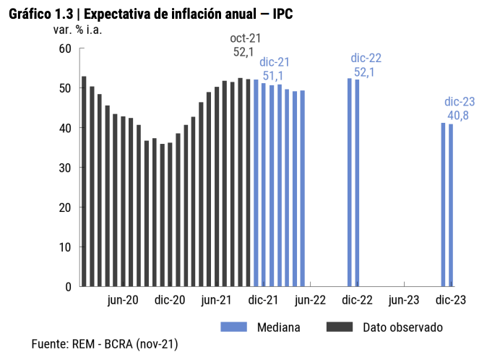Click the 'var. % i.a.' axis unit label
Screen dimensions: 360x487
[x=78, y=30]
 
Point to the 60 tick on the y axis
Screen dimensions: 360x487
[x=65, y=48]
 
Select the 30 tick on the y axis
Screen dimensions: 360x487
[x=65, y=168]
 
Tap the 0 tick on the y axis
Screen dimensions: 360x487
[x=68, y=287]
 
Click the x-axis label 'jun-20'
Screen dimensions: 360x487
[x=123, y=301]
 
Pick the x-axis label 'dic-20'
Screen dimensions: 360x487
[x=170, y=301]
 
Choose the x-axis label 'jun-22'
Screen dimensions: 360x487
[x=310, y=301]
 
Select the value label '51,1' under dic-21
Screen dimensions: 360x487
[x=272, y=75]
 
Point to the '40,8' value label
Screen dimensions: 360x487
[x=460, y=115]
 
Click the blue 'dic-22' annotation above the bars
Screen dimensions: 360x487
[x=366, y=59]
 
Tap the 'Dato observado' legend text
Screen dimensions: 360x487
[x=402, y=327]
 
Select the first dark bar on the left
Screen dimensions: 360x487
[x=84, y=181]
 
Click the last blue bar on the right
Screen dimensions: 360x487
[x=452, y=205]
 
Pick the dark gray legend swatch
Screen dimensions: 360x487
[x=340, y=327]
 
